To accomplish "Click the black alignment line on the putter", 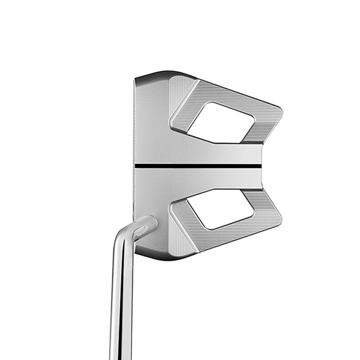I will pyautogui.click(x=201, y=166).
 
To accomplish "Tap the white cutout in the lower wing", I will pyautogui.click(x=221, y=209).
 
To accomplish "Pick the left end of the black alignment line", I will pyautogui.click(x=136, y=166).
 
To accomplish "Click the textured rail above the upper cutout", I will pyautogui.click(x=231, y=96).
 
